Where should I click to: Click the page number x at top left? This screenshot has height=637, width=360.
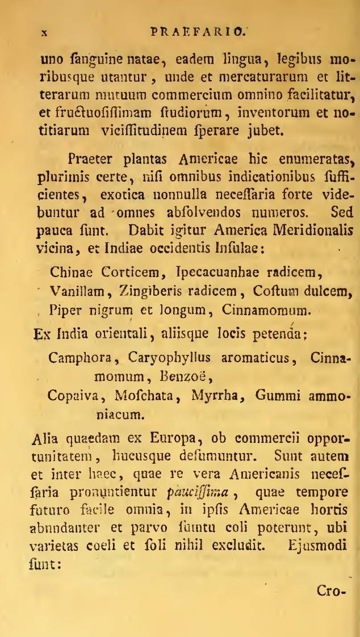43,34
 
